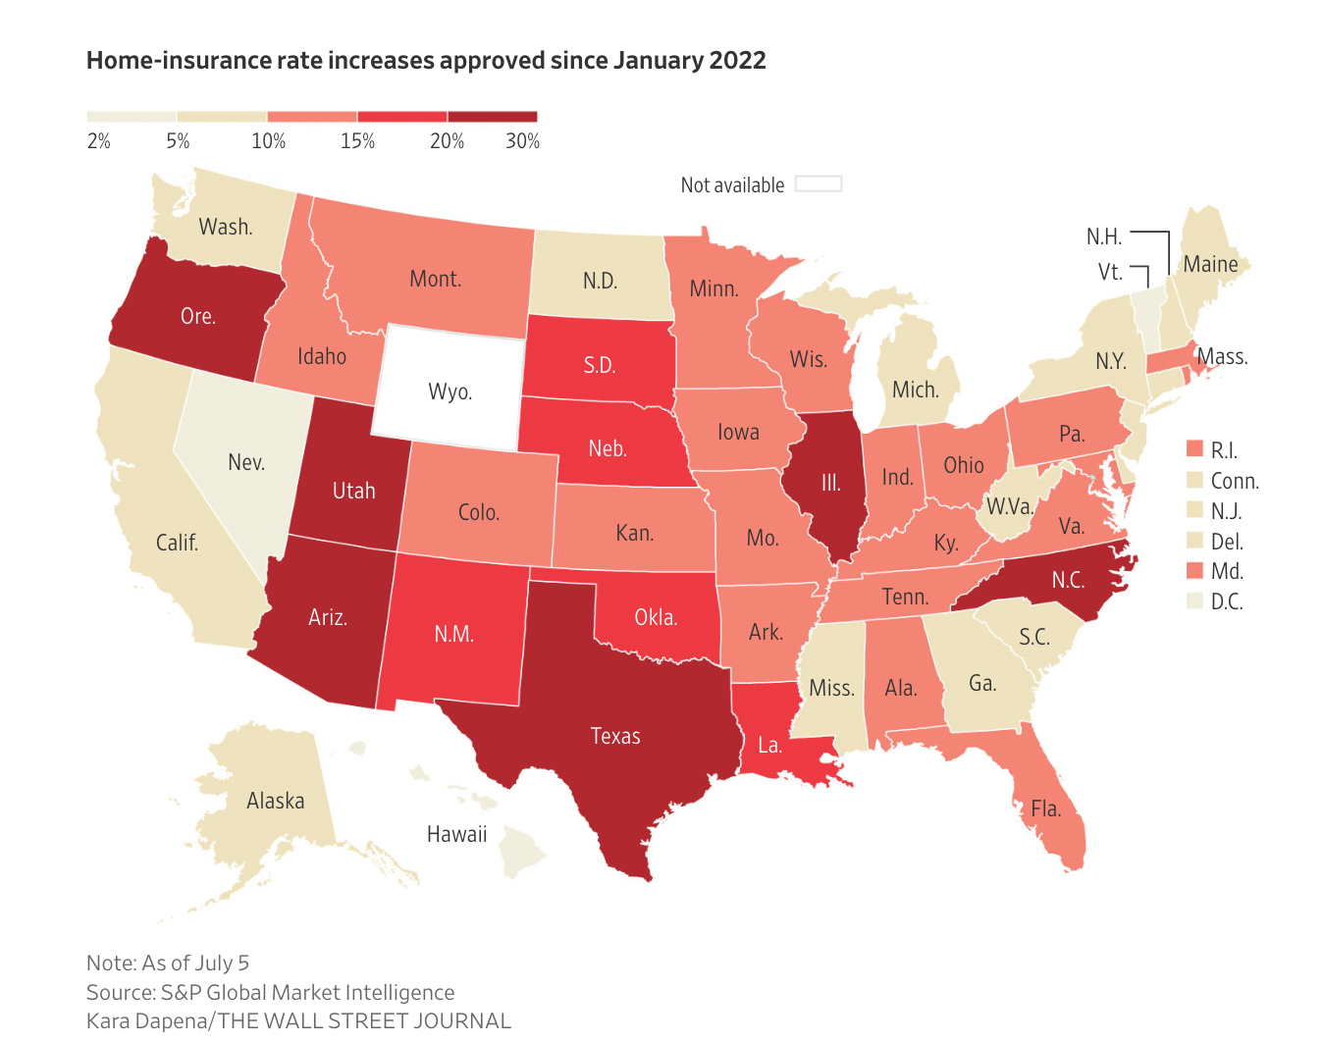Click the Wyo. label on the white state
450,392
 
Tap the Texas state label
615,737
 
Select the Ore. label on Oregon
197,316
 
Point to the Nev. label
246,462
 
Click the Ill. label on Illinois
830,483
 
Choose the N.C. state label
1068,580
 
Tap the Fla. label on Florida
1045,809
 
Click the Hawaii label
456,835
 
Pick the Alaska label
275,802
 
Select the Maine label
1210,265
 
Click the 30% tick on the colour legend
522,141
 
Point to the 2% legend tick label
98,141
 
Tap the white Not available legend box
819,184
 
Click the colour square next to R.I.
1194,449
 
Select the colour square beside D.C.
1194,600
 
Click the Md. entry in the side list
1227,571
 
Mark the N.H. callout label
1103,236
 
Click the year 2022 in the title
737,61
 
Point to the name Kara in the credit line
110,1021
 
